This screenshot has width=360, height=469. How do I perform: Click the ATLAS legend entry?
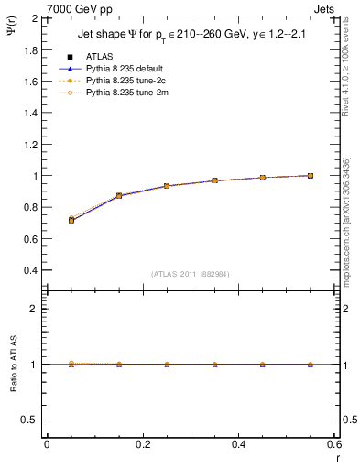98,57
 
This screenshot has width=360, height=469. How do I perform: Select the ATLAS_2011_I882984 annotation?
184,274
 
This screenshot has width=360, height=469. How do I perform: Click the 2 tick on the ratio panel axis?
36,309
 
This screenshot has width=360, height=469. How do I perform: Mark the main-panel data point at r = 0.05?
71,220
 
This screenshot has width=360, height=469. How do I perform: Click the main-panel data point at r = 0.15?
119,195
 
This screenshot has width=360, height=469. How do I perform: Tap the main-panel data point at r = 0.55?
311,175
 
